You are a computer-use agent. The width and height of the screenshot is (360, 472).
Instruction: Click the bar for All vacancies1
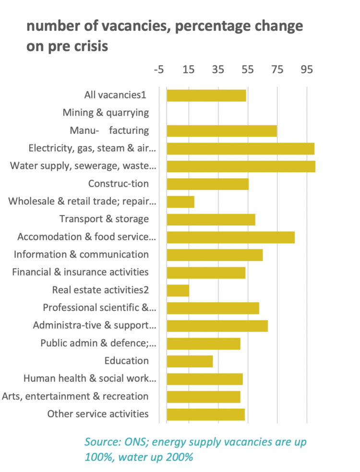point(206,95)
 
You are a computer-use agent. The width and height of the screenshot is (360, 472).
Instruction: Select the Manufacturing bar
point(222,130)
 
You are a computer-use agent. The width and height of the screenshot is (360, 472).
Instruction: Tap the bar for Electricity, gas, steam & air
point(240,148)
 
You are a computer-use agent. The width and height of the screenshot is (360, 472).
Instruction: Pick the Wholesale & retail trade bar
point(180,201)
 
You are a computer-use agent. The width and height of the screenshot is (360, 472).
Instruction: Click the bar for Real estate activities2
point(178,290)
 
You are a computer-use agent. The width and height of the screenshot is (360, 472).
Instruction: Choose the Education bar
point(190,361)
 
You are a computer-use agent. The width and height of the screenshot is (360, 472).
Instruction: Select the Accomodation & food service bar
point(230,237)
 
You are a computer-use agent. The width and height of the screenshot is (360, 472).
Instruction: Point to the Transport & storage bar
point(211,219)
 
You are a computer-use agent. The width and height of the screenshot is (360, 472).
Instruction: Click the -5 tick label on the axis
point(159,69)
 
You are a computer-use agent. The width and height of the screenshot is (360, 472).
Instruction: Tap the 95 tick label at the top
point(307,69)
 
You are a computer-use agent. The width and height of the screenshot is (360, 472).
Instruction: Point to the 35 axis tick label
point(218,69)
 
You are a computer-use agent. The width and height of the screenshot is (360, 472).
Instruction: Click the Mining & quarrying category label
point(106,113)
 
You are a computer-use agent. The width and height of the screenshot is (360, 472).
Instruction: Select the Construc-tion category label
point(119,184)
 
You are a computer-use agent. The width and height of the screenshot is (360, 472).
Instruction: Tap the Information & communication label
point(81,254)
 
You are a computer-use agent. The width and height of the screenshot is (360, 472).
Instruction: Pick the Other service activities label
point(98,414)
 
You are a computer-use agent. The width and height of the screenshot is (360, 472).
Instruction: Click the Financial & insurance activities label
point(80,272)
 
